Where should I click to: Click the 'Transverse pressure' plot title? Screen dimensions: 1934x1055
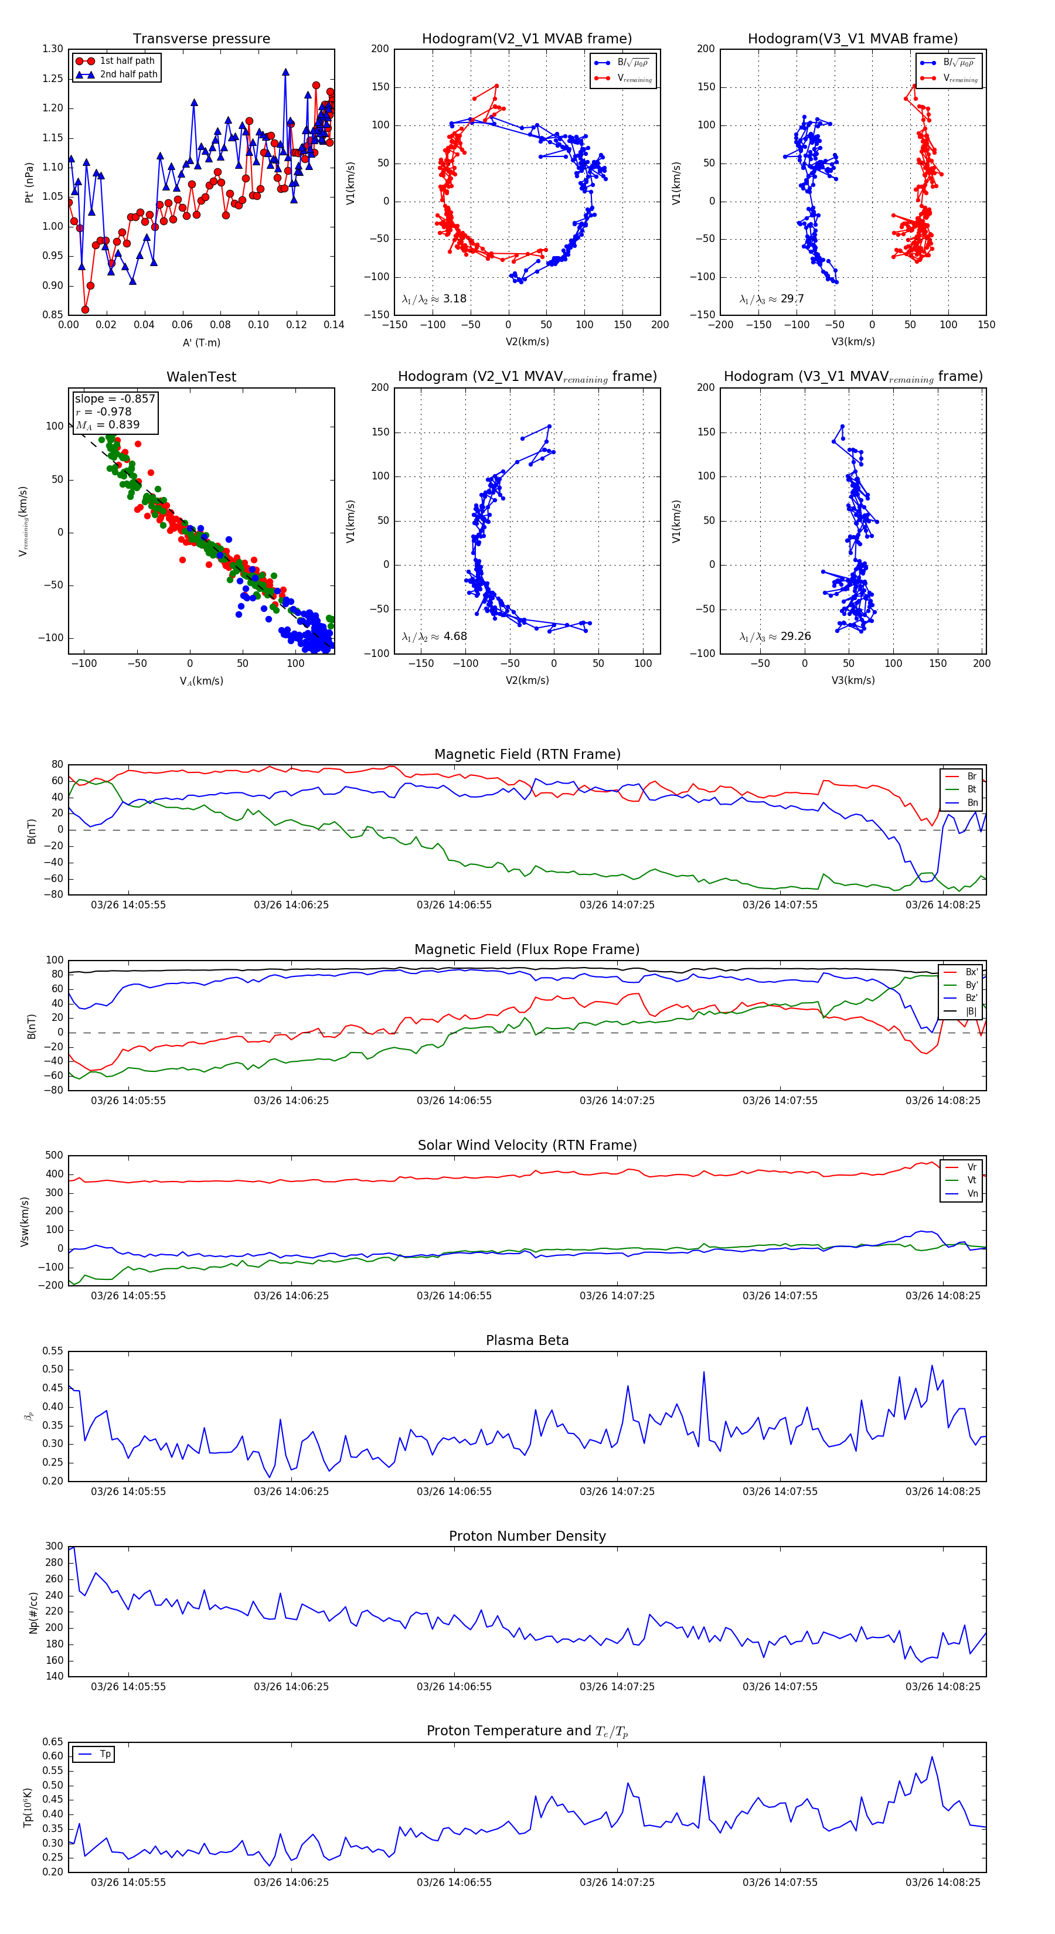[201, 39]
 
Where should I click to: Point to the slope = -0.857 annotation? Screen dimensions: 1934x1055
[115, 399]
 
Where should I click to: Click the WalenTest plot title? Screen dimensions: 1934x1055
[201, 377]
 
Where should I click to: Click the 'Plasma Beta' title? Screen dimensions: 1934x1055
[527, 1341]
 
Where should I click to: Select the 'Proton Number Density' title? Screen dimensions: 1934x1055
[527, 1536]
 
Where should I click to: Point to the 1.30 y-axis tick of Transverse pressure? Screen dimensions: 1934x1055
[53, 50]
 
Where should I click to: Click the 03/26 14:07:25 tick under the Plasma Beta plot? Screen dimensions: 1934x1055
[617, 1492]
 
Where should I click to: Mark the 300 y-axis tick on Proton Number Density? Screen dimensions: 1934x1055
[54, 1547]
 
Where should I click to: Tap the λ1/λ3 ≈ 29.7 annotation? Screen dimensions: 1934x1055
[771, 299]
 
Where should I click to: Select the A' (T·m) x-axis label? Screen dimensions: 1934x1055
[201, 343]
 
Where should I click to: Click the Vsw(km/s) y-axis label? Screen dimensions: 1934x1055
[25, 1221]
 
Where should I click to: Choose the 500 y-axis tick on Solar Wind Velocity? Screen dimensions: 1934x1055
[54, 1156]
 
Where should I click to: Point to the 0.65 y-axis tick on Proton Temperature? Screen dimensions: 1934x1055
[53, 1742]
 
